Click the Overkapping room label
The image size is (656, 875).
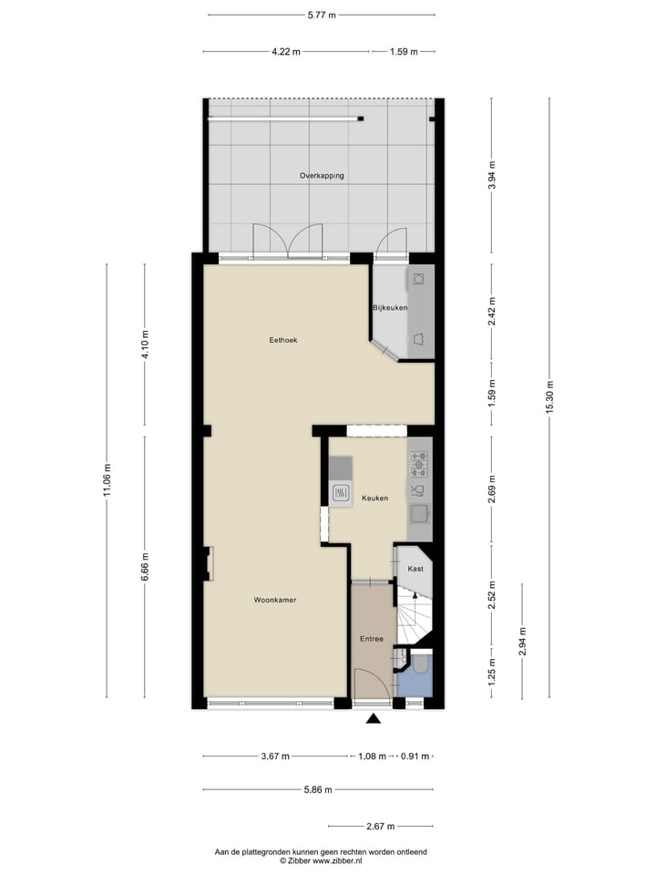pos(322,175)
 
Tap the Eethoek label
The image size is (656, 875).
pos(283,340)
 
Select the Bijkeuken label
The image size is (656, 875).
pos(390,308)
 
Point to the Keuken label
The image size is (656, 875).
pos(374,498)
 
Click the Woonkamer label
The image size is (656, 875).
pos(275,600)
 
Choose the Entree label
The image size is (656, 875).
pos(371,639)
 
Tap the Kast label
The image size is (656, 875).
pos(415,568)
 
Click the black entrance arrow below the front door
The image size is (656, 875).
pos(373,719)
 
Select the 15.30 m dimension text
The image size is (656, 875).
pos(548,396)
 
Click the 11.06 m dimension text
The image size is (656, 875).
pos(107,480)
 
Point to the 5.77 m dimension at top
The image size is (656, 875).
pos(322,15)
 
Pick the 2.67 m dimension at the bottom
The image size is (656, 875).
pos(380,826)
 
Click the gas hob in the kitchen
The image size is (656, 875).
pos(419,465)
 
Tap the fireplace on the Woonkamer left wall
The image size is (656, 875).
pos(209,562)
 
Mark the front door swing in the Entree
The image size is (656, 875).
pos(369,685)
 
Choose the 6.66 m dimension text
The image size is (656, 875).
pos(144,567)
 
